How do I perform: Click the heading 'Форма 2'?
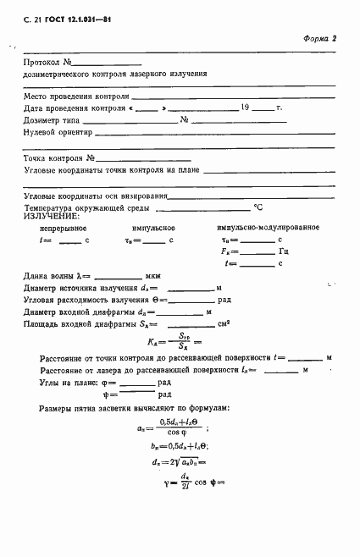321,39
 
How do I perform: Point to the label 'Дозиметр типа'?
50,120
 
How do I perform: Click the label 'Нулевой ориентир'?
54,132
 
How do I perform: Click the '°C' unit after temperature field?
258,207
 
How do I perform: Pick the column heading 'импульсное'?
153,229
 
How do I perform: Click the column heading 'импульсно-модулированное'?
267,229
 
